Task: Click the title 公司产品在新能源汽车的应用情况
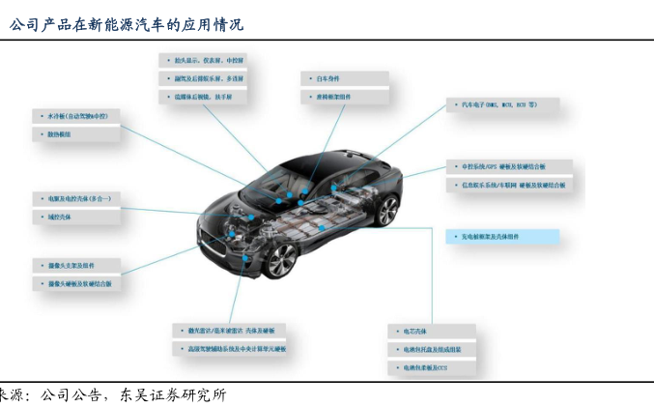(x=127, y=25)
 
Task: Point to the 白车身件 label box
(x=343, y=78)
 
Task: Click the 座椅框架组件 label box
(x=343, y=97)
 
